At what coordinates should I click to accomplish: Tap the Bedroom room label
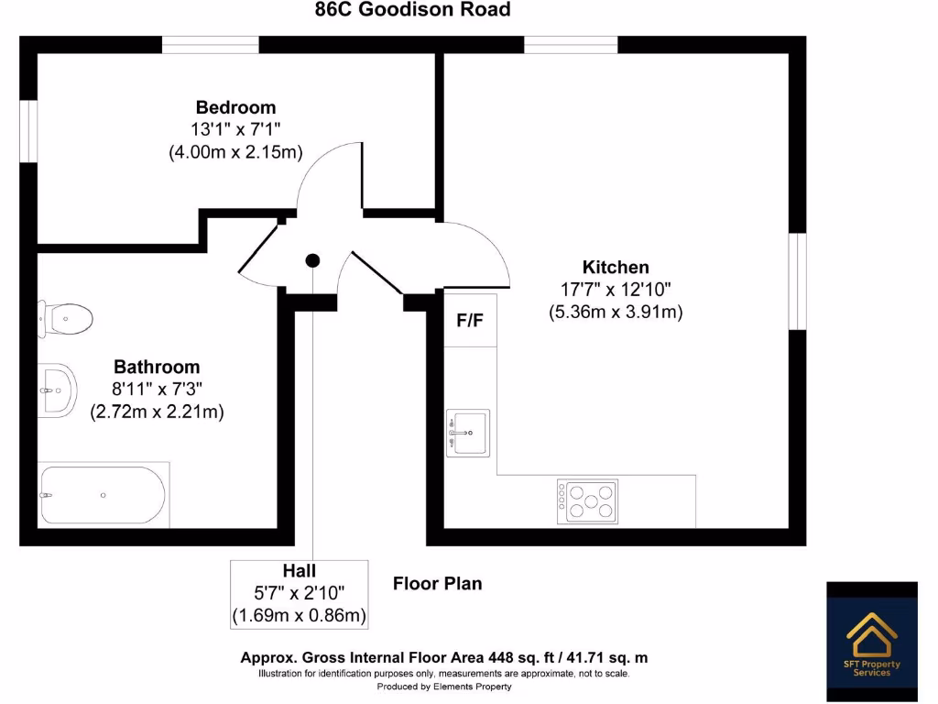(x=235, y=107)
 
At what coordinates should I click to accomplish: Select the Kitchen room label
(x=616, y=268)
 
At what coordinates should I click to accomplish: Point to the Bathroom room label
(x=157, y=368)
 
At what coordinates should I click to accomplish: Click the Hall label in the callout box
(x=300, y=571)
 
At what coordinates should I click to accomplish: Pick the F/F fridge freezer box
(x=470, y=321)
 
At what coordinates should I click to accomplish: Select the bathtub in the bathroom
(x=103, y=495)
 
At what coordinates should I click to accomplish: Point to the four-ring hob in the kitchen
(x=587, y=500)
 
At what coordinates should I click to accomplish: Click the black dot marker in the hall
(x=312, y=260)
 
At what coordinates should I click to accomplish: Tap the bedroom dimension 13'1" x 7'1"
(x=235, y=130)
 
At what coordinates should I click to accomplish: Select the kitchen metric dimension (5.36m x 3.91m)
(x=616, y=313)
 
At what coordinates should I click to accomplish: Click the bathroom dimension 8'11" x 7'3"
(x=157, y=390)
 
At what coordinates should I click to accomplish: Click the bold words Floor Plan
(x=437, y=584)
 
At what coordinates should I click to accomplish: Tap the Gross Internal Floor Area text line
(x=444, y=658)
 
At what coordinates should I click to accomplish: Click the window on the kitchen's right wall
(x=798, y=280)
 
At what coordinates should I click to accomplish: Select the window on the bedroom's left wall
(x=28, y=132)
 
